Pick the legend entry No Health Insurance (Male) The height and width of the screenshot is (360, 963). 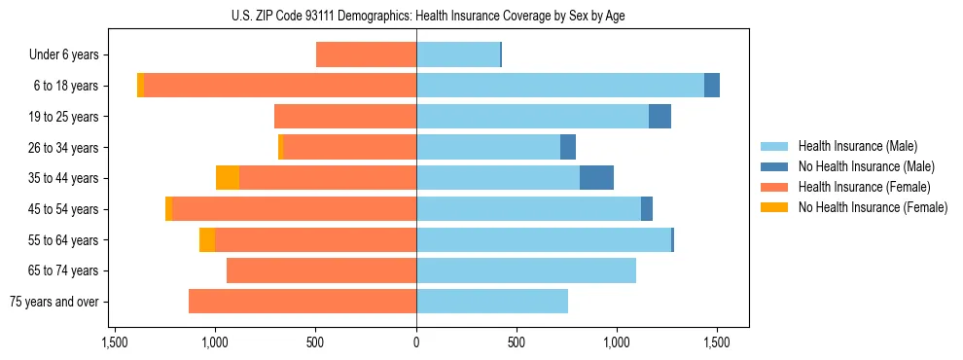(x=866, y=166)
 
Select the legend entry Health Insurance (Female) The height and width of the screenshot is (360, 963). (x=858, y=187)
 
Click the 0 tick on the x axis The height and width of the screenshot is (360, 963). (x=416, y=342)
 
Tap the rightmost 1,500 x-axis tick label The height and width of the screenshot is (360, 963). (x=717, y=342)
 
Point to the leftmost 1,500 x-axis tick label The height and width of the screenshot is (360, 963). (x=115, y=342)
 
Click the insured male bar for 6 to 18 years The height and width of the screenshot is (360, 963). (x=560, y=86)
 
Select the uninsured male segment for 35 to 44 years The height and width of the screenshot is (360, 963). (x=596, y=178)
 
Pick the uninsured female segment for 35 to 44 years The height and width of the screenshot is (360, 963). (x=228, y=178)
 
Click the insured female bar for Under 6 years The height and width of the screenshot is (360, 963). (x=366, y=54)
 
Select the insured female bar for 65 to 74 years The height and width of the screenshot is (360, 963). (x=321, y=270)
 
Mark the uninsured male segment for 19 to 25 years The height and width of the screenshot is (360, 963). (x=660, y=117)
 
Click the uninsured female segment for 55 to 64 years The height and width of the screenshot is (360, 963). (x=207, y=240)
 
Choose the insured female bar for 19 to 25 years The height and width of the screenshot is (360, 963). (x=345, y=117)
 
